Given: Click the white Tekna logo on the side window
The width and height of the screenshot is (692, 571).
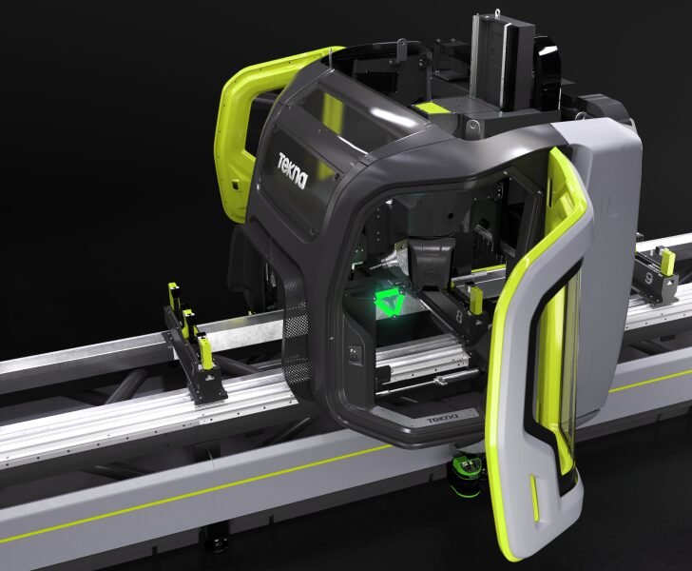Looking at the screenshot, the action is (x=292, y=170).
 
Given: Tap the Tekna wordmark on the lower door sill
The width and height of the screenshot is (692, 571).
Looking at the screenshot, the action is (x=443, y=418).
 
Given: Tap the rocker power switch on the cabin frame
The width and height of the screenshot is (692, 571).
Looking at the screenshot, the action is (x=355, y=355).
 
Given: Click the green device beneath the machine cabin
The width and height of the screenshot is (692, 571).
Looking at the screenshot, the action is (x=469, y=471).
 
